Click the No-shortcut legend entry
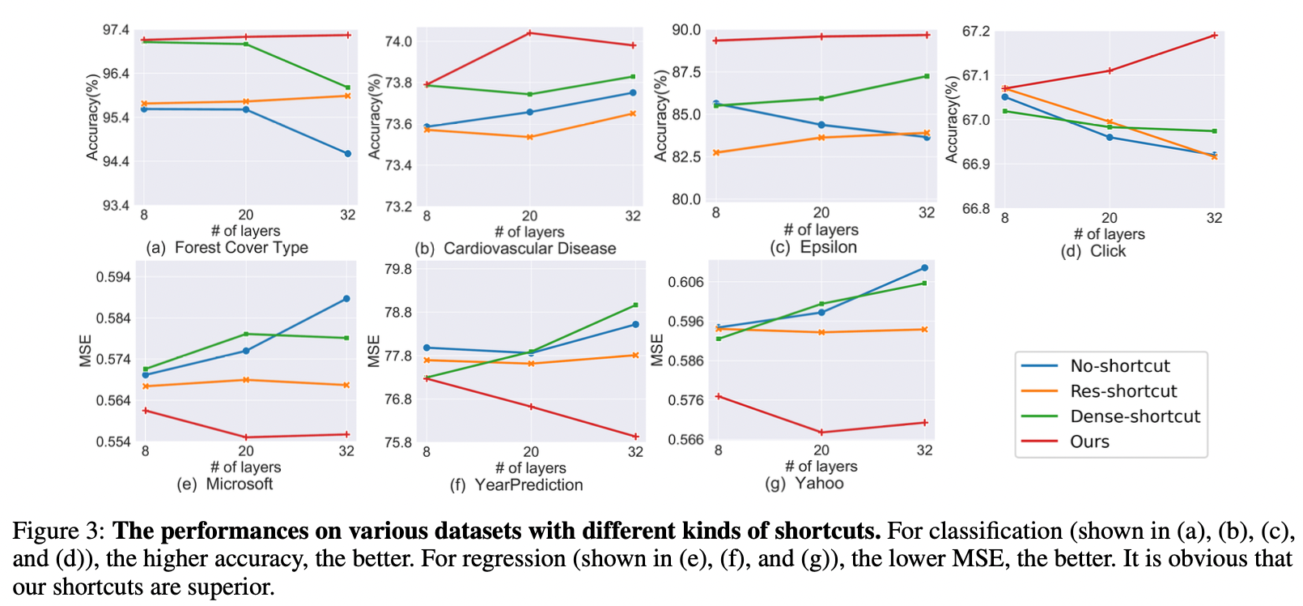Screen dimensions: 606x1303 [x=1119, y=366]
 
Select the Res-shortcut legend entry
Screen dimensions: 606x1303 [x=1123, y=391]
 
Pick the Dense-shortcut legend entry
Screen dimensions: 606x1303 [x=1135, y=416]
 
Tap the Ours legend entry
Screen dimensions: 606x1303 [x=1089, y=442]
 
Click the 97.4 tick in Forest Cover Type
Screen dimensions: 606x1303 [x=116, y=31]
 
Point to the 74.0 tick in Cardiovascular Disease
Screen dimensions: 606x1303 [x=397, y=41]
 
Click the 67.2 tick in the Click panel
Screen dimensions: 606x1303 [x=975, y=32]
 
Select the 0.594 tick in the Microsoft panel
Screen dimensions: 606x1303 [x=113, y=277]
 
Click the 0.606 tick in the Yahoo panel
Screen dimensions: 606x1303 [x=685, y=282]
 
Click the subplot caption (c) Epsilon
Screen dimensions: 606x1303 [x=813, y=248]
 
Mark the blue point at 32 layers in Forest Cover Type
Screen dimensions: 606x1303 [x=348, y=153]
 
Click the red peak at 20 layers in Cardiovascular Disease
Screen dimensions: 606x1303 [x=530, y=33]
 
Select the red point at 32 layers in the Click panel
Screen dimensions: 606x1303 [x=1214, y=36]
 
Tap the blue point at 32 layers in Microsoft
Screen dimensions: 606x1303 [x=346, y=299]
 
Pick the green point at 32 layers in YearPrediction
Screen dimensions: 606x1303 [x=635, y=305]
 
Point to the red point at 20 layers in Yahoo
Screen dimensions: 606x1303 [x=821, y=433]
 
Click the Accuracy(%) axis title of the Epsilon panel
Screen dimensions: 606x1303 [x=661, y=115]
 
